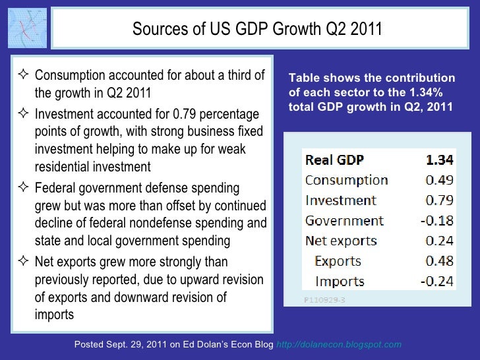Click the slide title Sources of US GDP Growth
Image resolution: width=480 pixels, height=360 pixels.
pyautogui.click(x=257, y=29)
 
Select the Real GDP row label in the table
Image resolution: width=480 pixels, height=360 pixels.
pyautogui.click(x=334, y=160)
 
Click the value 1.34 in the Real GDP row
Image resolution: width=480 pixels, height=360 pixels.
pyautogui.click(x=439, y=160)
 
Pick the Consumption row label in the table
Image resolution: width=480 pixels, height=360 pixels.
pyautogui.click(x=346, y=180)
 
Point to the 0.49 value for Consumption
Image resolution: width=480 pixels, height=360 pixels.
pyautogui.click(x=439, y=180)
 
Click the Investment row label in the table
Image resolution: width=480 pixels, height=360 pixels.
pyautogui.click(x=340, y=200)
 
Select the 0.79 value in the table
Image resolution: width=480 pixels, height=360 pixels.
pyautogui.click(x=439, y=200)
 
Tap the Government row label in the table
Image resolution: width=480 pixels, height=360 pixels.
pyautogui.click(x=344, y=221)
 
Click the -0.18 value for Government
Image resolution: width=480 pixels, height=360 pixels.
pyautogui.click(x=437, y=221)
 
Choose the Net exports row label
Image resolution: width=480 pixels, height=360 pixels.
pyautogui.click(x=341, y=241)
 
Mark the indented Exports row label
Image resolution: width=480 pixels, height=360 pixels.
pyautogui.click(x=339, y=261)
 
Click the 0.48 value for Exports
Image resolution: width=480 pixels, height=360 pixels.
pyautogui.click(x=439, y=261)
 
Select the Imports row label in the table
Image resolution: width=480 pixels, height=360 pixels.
pyautogui.click(x=340, y=282)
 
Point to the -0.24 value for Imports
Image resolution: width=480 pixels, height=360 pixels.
pyautogui.click(x=437, y=282)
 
